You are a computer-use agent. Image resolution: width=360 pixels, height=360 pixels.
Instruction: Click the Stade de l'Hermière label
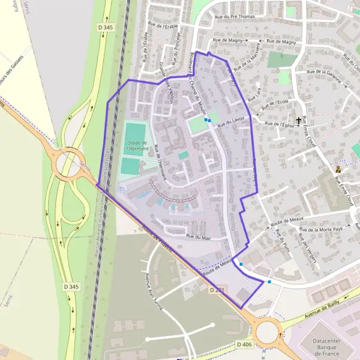(x=137, y=145)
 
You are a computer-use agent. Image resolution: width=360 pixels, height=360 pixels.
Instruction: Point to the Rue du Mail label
(x=199, y=237)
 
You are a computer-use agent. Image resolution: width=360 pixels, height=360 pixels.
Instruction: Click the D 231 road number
(x=217, y=290)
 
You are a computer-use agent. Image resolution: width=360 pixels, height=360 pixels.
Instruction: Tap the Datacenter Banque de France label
(x=331, y=346)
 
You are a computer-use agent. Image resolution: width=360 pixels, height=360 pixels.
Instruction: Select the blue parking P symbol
(x=123, y=190)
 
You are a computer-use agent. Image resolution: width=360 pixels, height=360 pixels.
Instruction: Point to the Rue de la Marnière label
(x=247, y=55)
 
